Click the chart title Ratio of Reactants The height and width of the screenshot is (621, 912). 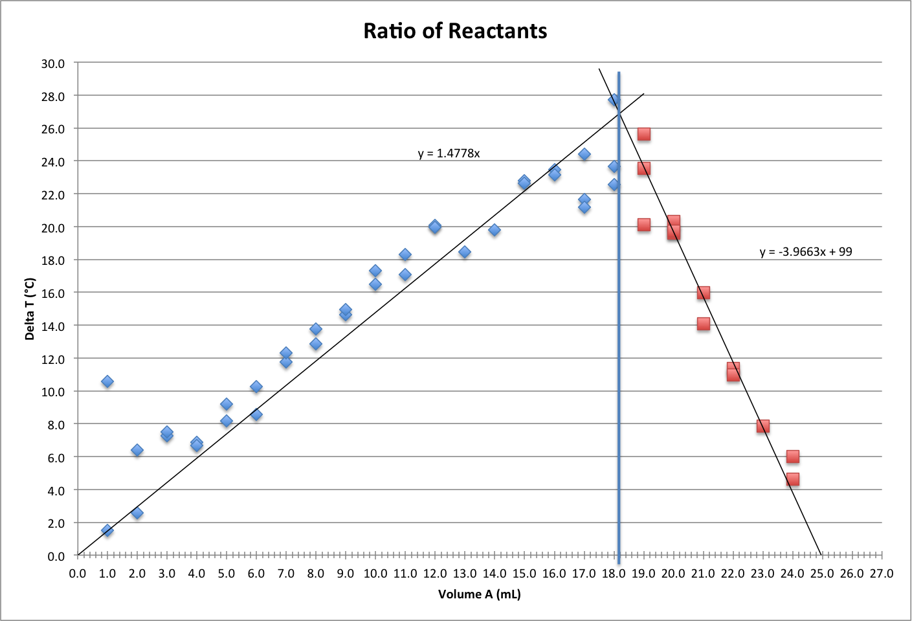click(455, 31)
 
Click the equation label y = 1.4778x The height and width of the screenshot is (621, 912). click(449, 153)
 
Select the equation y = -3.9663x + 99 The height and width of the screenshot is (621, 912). click(805, 251)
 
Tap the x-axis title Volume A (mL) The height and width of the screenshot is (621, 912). click(479, 594)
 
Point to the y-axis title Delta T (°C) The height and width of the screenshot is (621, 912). click(30, 308)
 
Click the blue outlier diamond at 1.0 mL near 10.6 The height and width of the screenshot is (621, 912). click(107, 381)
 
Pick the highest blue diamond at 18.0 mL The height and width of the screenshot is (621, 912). click(614, 100)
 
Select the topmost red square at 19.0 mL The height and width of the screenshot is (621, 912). click(643, 134)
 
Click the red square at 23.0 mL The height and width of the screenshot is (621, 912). click(762, 425)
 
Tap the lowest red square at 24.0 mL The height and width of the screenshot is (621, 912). click(792, 479)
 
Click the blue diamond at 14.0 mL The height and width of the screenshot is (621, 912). click(495, 230)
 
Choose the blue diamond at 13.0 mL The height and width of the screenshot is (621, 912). click(465, 252)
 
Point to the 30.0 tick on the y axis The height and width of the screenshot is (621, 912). click(53, 63)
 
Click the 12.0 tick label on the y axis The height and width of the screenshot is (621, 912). click(53, 359)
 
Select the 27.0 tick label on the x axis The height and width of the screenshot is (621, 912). click(881, 574)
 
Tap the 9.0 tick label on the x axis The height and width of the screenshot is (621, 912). click(346, 574)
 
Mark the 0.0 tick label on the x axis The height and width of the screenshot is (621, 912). click(78, 574)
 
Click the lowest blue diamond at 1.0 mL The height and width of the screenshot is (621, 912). click(107, 530)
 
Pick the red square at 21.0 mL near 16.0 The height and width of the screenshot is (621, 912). click(703, 293)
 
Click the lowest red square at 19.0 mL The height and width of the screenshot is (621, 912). click(643, 225)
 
